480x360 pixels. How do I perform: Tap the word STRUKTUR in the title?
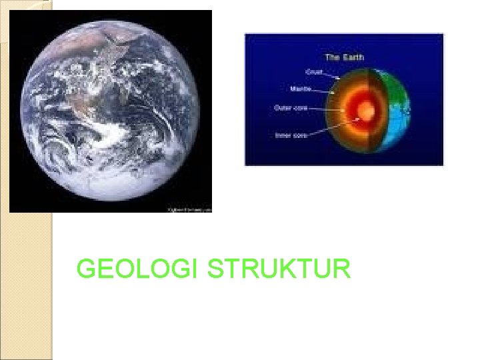tap(279, 269)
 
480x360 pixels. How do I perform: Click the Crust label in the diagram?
tap(315, 70)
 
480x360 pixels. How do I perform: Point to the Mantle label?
tap(301, 87)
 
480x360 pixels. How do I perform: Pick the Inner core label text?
tap(291, 135)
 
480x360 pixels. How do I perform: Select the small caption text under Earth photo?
tap(191, 209)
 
